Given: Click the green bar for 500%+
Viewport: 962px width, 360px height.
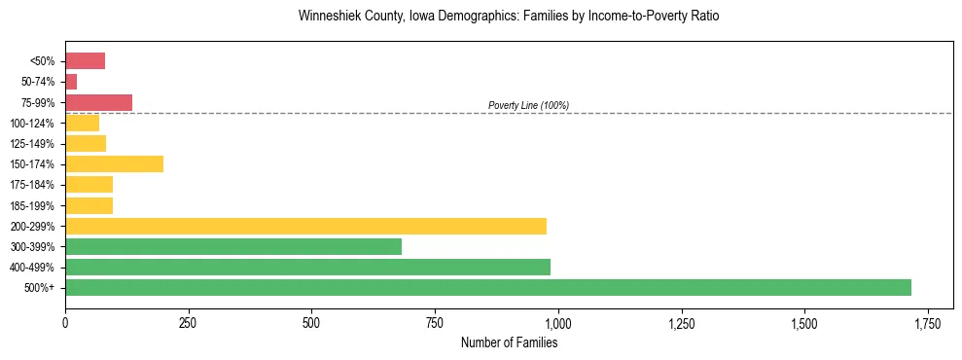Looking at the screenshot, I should pyautogui.click(x=487, y=288).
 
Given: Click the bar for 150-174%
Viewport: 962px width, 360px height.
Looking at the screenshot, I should pyautogui.click(x=114, y=164).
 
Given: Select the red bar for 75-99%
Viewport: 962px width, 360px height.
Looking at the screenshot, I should pyautogui.click(x=98, y=102).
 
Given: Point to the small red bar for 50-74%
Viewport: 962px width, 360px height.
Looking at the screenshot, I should pyautogui.click(x=71, y=82).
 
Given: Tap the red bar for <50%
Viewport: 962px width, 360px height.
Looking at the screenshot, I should pyautogui.click(x=85, y=61).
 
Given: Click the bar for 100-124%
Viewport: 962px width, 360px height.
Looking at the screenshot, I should pyautogui.click(x=82, y=124).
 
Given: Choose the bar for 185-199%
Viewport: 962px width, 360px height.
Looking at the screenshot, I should pyautogui.click(x=89, y=205).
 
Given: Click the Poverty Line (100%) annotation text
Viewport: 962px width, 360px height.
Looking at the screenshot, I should pyautogui.click(x=528, y=105).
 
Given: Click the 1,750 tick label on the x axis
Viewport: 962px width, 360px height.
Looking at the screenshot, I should pyautogui.click(x=928, y=322).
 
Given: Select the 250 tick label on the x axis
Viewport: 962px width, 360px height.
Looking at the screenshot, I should pyautogui.click(x=188, y=322).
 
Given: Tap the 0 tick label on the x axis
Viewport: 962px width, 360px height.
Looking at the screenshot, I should pyautogui.click(x=65, y=322).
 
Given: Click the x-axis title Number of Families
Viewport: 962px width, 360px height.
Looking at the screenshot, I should pyautogui.click(x=509, y=342).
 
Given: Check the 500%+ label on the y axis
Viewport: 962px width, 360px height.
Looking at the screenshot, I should pyautogui.click(x=41, y=288).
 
